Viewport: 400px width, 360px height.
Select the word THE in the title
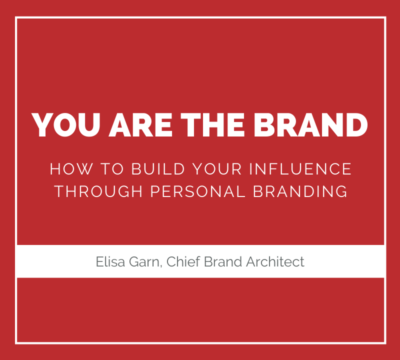[213, 124]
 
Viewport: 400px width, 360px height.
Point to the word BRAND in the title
[310, 124]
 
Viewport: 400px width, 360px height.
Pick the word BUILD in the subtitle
[158, 169]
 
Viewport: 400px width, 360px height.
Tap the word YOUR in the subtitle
[217, 169]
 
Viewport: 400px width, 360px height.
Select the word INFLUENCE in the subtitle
[300, 169]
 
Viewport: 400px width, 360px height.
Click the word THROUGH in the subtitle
[98, 191]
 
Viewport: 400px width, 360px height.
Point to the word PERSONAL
[197, 191]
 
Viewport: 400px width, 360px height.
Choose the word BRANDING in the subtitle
[300, 191]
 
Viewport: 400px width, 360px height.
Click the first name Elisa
[110, 261]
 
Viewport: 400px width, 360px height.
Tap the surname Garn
[144, 262]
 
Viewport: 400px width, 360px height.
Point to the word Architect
[275, 261]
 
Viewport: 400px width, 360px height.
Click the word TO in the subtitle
[112, 169]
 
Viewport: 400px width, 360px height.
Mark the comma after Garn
[160, 266]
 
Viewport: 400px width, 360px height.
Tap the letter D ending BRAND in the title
[356, 124]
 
